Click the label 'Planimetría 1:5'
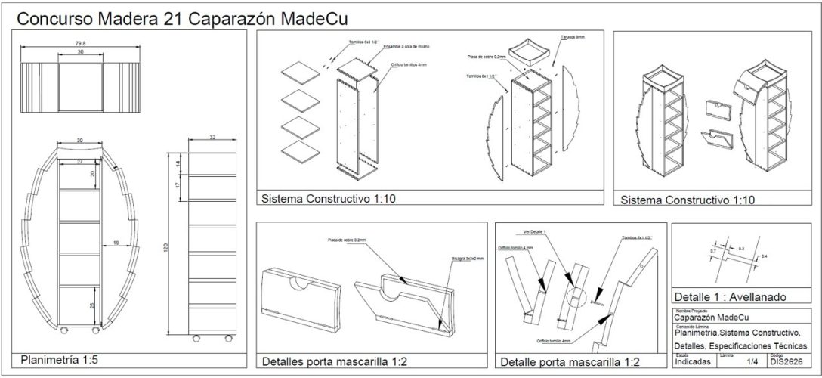click(60, 360)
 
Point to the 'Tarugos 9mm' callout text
click(573, 36)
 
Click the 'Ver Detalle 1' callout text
click(533, 231)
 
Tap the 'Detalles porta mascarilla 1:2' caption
click(335, 361)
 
